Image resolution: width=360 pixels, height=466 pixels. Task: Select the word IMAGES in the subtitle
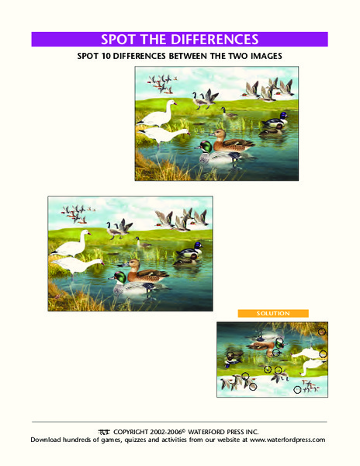(x=260, y=57)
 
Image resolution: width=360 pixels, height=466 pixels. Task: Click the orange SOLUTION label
(x=273, y=313)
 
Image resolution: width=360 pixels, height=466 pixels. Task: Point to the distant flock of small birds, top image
(x=161, y=81)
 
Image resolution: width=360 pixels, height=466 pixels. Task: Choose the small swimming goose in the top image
(x=230, y=114)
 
